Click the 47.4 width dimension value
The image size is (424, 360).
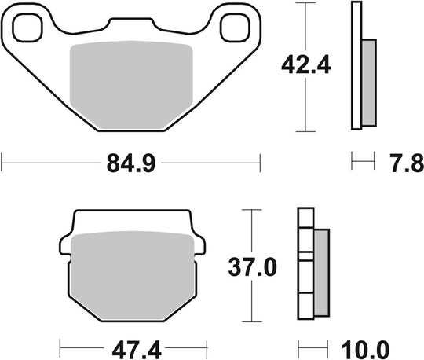[x=130, y=347]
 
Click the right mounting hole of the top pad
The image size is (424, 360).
[x=233, y=28]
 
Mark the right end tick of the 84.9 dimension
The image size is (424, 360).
[x=259, y=164]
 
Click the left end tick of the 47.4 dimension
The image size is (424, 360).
[x=60, y=347]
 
